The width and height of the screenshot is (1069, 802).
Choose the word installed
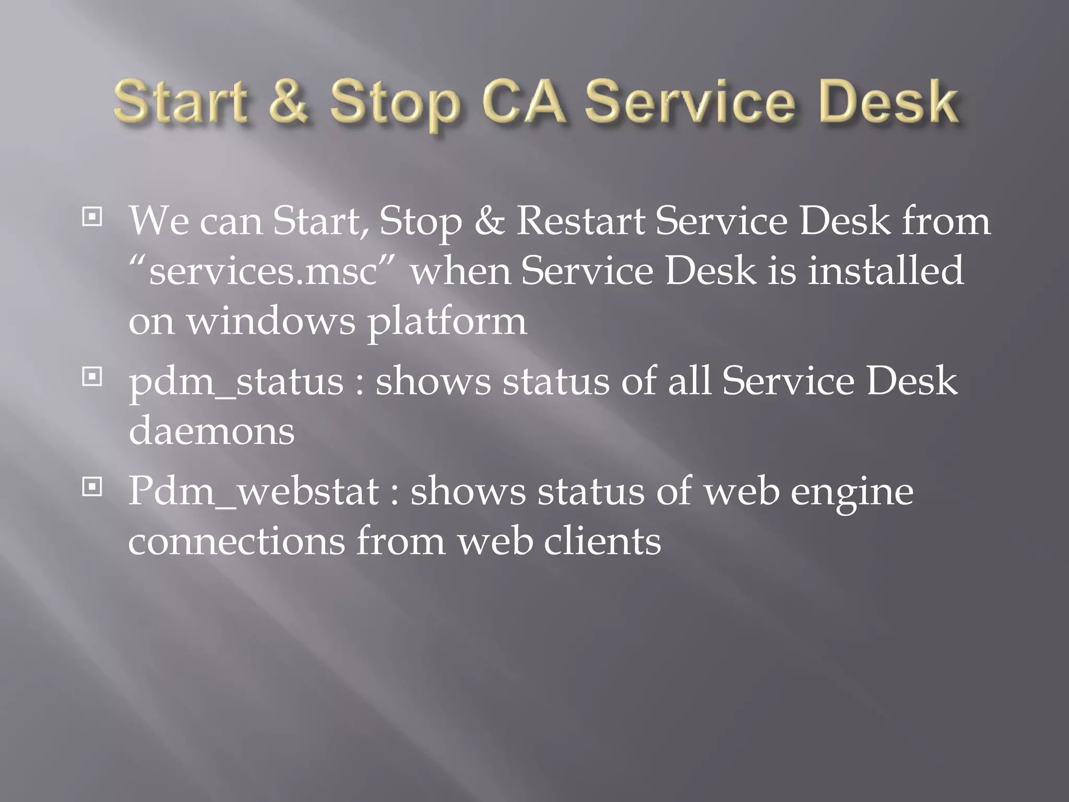coord(885,270)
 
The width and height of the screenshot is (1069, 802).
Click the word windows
coord(271,321)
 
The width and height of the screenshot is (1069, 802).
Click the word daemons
coord(211,431)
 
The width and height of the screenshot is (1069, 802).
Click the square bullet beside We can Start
coord(92,217)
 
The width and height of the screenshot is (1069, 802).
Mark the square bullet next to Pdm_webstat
coord(92,487)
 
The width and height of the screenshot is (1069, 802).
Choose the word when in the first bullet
coord(460,270)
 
